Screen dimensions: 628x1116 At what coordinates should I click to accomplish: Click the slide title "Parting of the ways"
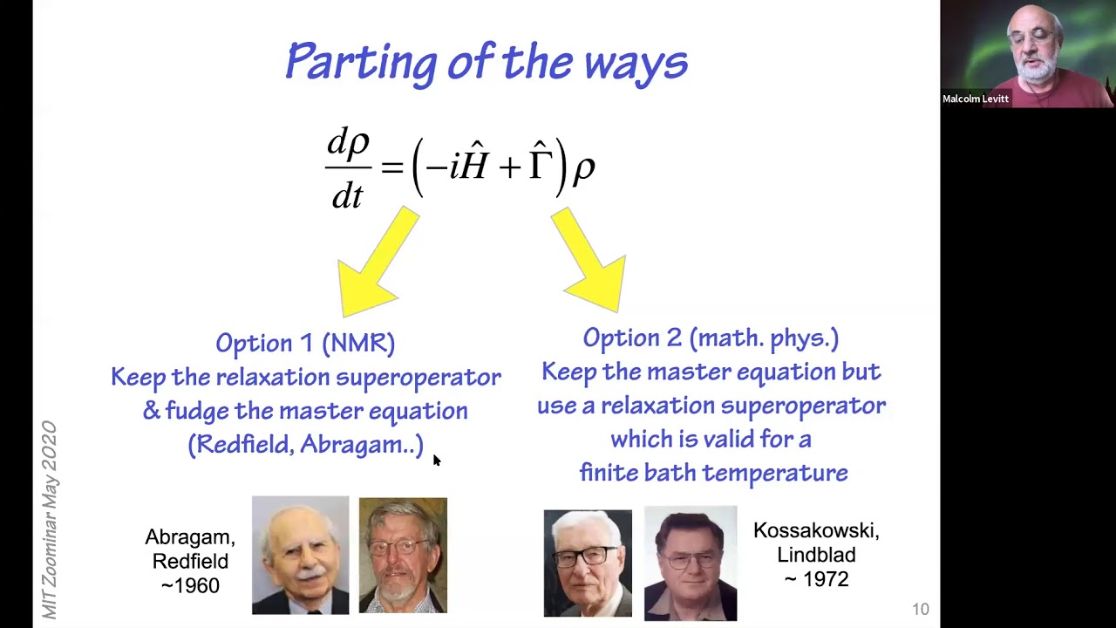click(x=487, y=63)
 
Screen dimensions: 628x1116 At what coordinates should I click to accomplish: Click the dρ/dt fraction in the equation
click(x=348, y=167)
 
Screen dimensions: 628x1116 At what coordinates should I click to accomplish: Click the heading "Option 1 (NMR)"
click(x=305, y=343)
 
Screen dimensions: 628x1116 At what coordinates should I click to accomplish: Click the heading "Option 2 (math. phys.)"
click(x=711, y=338)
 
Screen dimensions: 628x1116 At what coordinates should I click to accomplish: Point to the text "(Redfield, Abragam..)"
click(x=305, y=445)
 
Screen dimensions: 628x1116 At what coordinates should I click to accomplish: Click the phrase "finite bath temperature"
click(x=713, y=473)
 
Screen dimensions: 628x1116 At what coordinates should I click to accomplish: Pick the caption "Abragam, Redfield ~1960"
click(x=190, y=561)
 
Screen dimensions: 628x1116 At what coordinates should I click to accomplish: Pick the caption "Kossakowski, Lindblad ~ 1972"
click(x=816, y=555)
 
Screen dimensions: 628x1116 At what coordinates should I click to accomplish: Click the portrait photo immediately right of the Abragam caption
click(x=300, y=555)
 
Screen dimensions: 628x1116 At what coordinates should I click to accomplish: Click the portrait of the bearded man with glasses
click(x=403, y=555)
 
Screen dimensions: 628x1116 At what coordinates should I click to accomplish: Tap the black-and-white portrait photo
click(x=588, y=563)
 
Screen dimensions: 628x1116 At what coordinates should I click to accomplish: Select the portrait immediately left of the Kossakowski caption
click(x=690, y=563)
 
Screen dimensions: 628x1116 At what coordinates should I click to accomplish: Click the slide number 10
click(x=921, y=610)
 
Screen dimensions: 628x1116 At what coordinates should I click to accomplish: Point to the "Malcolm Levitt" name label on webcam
click(x=975, y=99)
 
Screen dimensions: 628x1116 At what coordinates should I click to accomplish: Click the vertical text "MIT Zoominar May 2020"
click(x=49, y=520)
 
